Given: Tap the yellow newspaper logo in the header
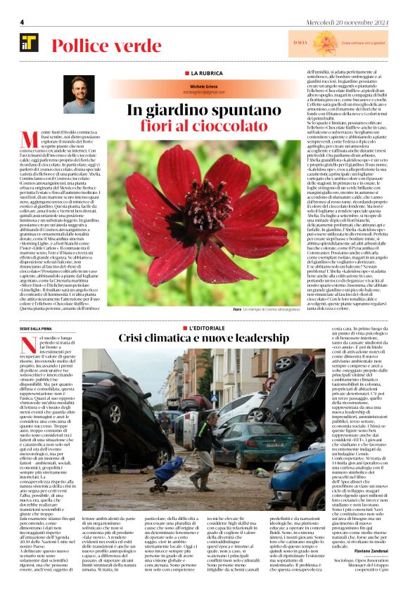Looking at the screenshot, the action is point(29,44).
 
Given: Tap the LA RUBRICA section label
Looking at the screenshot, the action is point(203,72).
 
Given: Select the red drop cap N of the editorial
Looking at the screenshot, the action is point(27,344).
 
